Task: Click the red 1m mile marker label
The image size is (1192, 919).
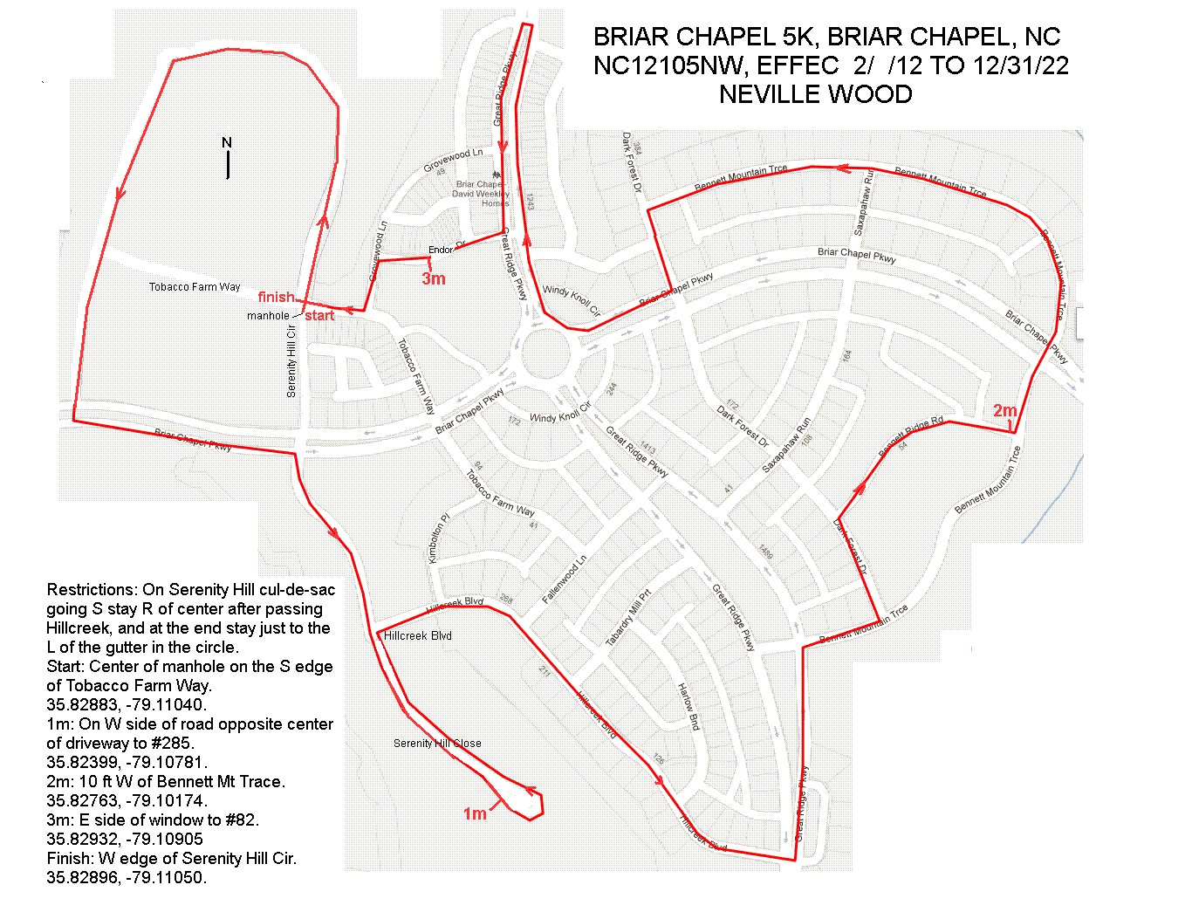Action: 475,813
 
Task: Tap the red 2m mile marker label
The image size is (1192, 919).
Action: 1005,410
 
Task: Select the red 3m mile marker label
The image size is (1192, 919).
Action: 434,278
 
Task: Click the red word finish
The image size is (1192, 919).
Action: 276,297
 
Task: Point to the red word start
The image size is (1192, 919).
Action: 319,315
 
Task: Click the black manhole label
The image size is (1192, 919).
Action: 268,315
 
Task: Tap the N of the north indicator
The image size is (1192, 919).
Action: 227,142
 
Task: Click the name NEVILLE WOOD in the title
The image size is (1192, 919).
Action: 815,94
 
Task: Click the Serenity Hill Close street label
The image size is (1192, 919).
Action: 437,743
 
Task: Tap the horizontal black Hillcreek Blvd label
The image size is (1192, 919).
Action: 418,635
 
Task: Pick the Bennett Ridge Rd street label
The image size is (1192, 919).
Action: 911,437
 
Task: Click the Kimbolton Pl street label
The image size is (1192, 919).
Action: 438,538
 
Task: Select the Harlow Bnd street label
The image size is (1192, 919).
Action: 688,707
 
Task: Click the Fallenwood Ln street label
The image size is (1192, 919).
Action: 565,580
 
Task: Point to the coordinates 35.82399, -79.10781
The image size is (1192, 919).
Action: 127,762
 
